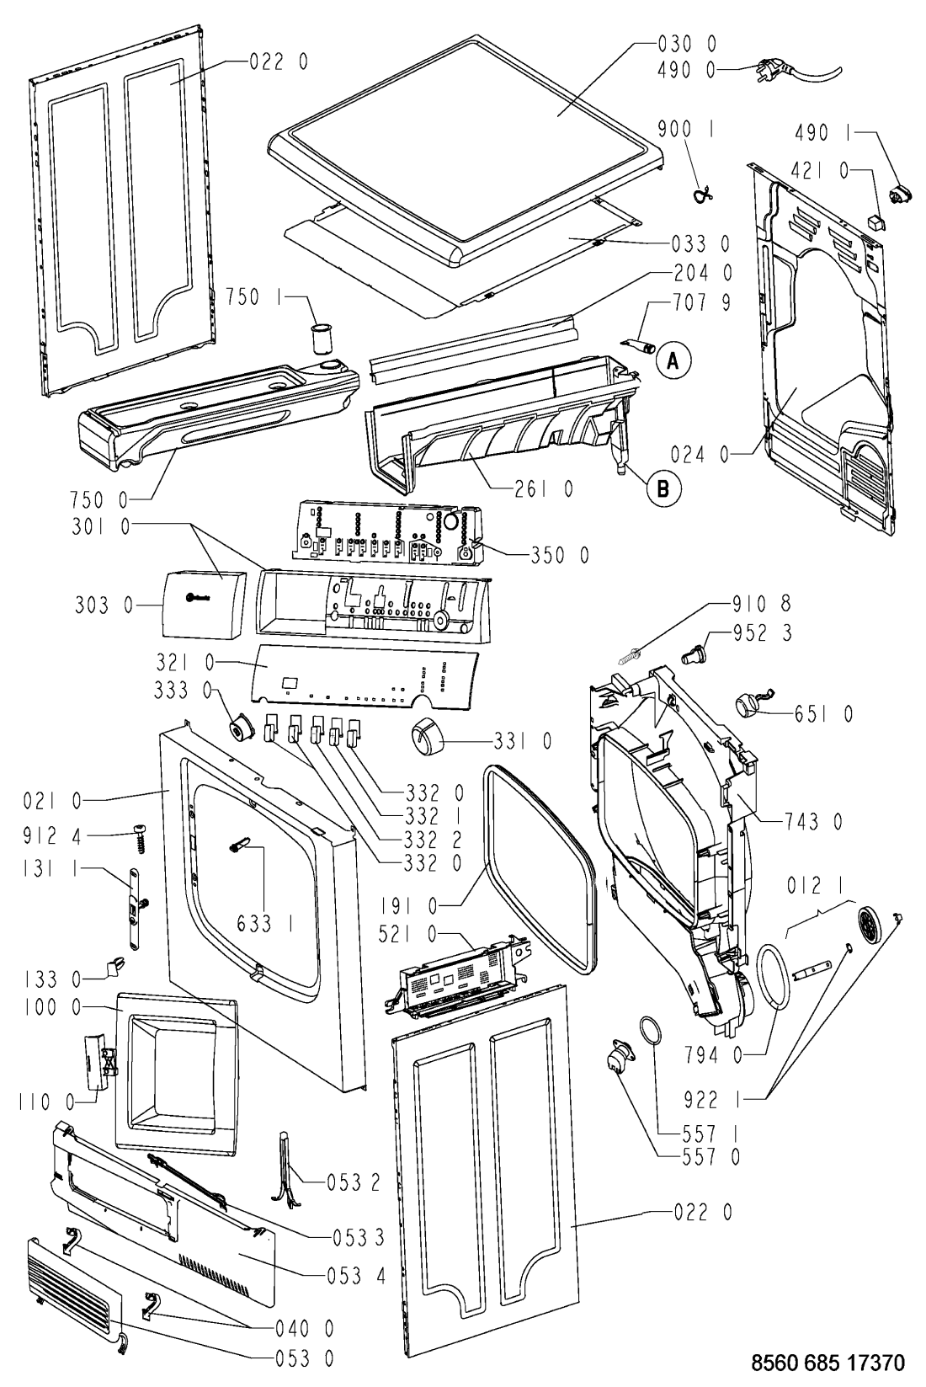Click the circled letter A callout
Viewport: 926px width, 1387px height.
point(672,361)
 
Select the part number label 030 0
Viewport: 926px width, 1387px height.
point(686,42)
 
